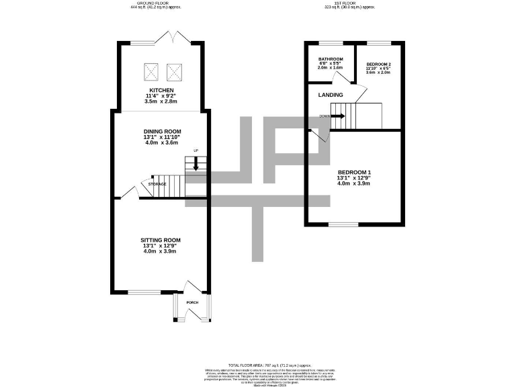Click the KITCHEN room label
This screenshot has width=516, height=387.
click(x=161, y=90)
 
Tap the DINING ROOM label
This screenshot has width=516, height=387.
click(x=161, y=132)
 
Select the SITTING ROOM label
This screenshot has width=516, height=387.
click(x=160, y=240)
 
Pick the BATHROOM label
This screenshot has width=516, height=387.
click(x=330, y=58)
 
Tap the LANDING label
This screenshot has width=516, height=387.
click(x=331, y=95)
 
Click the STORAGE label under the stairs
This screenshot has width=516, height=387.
click(x=157, y=184)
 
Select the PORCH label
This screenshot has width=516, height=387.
click(x=192, y=302)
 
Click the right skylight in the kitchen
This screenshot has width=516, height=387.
click(x=174, y=70)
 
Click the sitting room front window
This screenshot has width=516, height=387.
click(x=144, y=292)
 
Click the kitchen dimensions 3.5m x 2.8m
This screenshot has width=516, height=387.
click(x=161, y=101)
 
